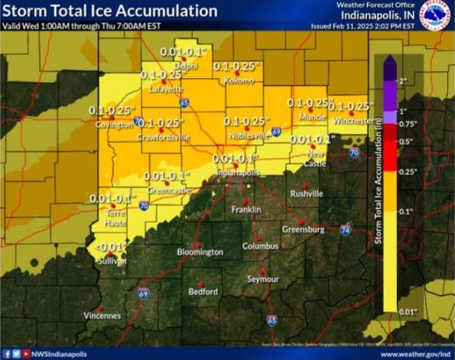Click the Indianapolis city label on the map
click(x=235, y=173)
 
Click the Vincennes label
click(x=102, y=315)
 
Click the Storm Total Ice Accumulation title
click(x=109, y=11)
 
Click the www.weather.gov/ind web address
click(x=414, y=354)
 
